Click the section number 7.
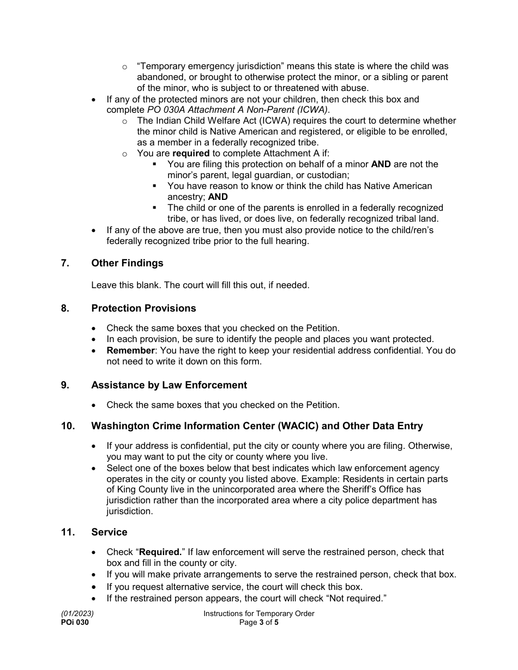click(65, 263)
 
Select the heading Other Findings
click(127, 263)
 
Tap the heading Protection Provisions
click(143, 308)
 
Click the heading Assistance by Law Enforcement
click(169, 385)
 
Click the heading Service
click(109, 532)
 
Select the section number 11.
click(67, 532)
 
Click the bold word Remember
click(130, 350)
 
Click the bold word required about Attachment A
click(191, 154)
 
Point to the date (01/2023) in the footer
click(74, 613)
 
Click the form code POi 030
click(75, 622)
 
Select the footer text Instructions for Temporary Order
click(258, 613)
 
